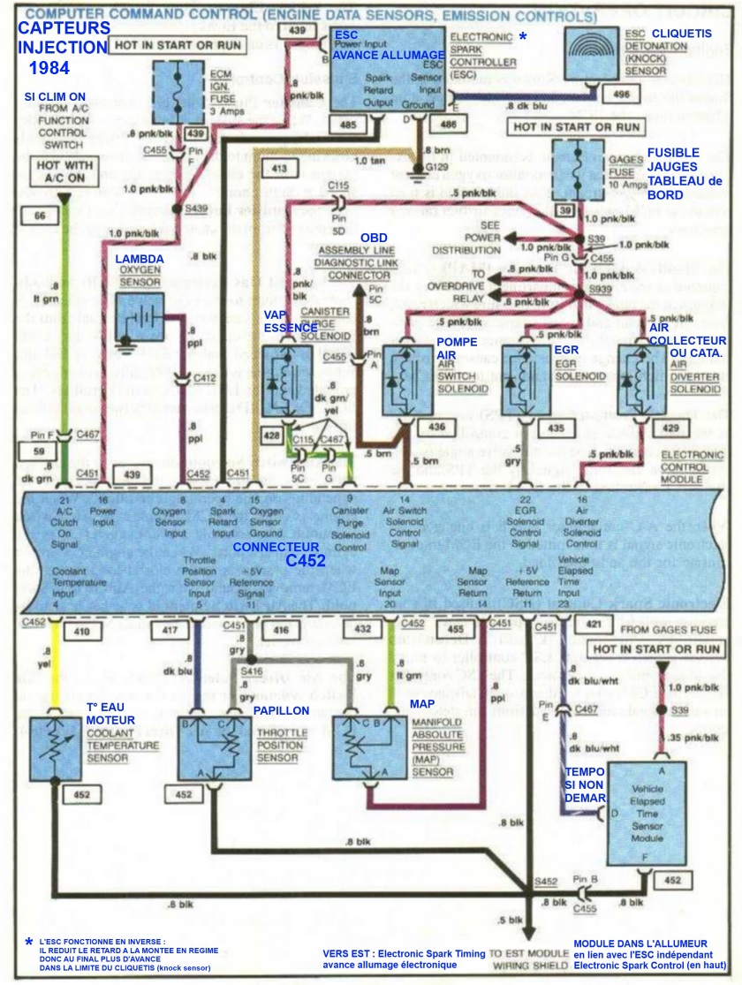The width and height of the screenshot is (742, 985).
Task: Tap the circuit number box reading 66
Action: (41, 215)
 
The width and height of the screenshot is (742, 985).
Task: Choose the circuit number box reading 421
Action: (594, 625)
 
